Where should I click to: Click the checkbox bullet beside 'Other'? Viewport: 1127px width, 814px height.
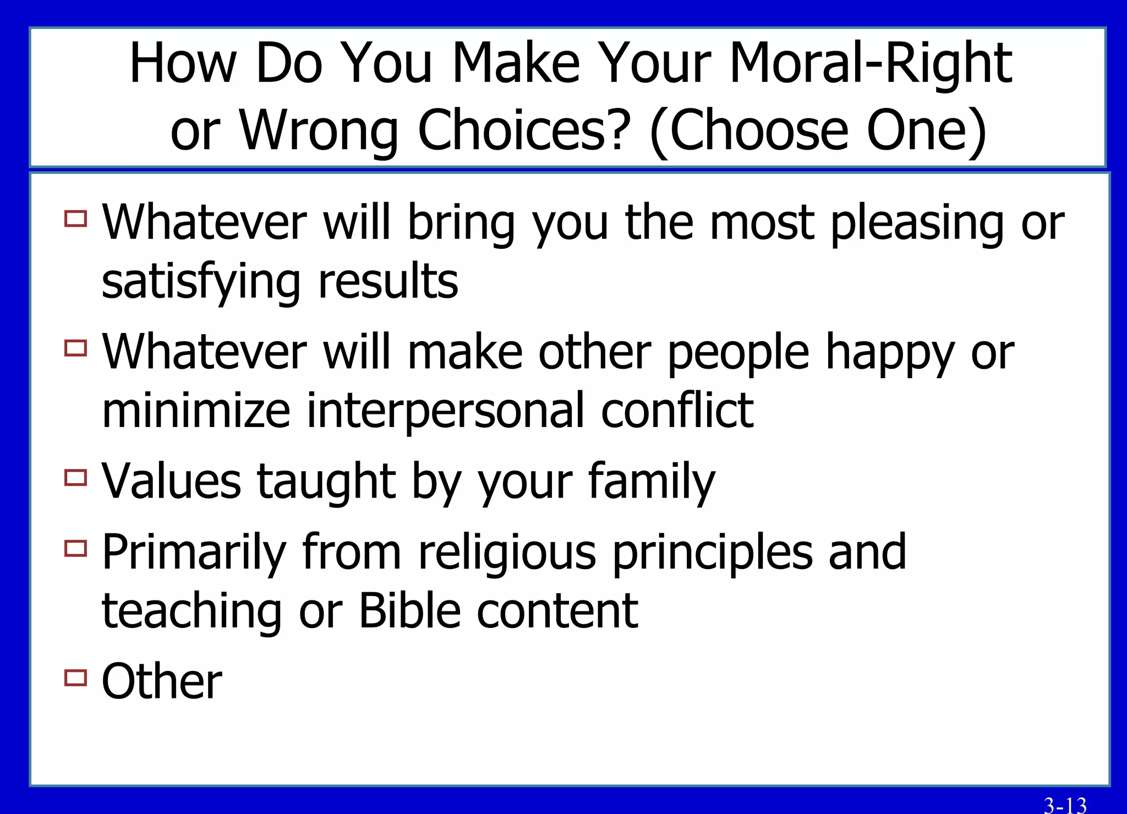tap(76, 678)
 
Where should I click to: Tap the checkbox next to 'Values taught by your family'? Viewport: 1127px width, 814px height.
tap(76, 477)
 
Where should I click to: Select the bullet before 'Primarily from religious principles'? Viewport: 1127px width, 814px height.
tap(76, 548)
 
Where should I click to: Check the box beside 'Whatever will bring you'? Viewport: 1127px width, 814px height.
tap(76, 218)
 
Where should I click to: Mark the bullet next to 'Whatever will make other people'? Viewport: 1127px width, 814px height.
tap(76, 348)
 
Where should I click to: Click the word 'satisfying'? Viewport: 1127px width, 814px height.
tap(201, 282)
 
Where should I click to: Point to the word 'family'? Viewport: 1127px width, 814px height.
tap(652, 482)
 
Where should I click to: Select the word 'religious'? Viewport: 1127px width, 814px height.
tap(507, 553)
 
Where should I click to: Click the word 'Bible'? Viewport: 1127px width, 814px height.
tap(409, 611)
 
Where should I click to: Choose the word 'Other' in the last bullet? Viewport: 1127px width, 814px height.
tap(162, 682)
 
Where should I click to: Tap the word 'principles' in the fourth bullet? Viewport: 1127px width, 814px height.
tap(712, 553)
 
